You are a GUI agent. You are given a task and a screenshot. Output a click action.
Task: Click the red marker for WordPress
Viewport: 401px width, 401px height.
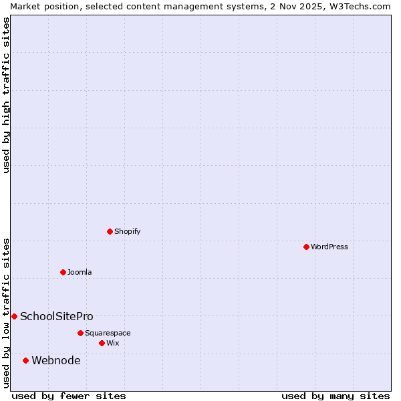(306, 247)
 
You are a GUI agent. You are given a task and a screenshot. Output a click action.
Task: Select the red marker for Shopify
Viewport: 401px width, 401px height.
(110, 231)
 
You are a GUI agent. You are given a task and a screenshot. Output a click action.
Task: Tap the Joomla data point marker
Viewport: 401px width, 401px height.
(63, 272)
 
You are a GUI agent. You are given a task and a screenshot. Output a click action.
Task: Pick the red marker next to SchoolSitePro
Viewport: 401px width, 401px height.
(14, 316)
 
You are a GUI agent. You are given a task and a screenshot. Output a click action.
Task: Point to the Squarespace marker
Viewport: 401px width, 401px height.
(80, 333)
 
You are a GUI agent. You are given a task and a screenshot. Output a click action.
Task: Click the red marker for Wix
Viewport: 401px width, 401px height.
(102, 343)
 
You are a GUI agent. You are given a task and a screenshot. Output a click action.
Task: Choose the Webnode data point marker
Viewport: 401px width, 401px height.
(25, 360)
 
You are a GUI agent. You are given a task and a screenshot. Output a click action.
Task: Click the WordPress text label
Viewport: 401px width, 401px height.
(329, 247)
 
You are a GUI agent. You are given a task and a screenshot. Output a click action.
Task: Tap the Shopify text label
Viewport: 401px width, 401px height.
(127, 231)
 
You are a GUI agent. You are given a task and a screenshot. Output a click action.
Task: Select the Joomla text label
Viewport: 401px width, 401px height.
(80, 272)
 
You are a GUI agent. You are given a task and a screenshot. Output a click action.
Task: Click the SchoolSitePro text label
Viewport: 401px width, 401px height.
(57, 316)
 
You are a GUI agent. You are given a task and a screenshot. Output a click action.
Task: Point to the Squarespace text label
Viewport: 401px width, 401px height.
(108, 333)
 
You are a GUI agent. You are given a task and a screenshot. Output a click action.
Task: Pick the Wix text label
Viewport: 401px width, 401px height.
(113, 343)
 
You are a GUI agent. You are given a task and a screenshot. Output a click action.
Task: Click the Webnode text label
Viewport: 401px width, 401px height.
(56, 360)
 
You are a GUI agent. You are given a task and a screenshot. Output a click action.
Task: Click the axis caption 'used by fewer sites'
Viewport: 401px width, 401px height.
(69, 396)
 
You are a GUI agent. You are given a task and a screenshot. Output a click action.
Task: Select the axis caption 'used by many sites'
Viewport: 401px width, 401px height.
(336, 396)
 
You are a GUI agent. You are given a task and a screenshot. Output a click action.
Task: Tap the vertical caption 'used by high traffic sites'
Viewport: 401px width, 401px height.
(7, 95)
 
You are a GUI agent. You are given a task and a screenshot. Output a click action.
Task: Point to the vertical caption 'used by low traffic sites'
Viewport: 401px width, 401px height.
(7, 313)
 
